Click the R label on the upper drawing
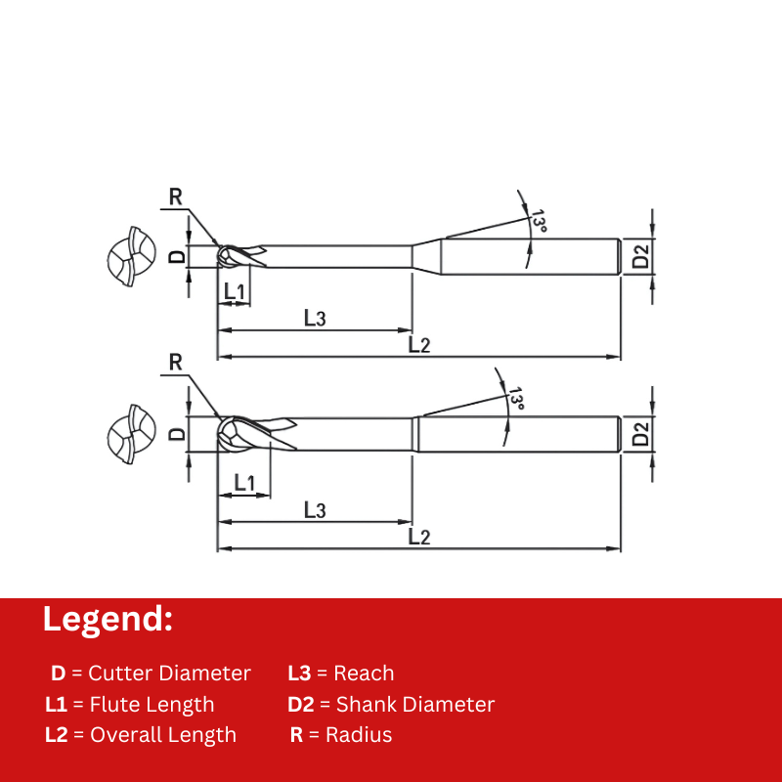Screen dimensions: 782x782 click(x=176, y=197)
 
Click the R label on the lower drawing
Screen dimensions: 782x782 click(x=176, y=362)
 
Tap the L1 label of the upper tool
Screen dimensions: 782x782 click(x=235, y=291)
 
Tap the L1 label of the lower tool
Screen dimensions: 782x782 click(x=244, y=483)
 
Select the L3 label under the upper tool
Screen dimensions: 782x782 click(x=315, y=318)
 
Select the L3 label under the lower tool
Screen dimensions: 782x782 click(x=315, y=509)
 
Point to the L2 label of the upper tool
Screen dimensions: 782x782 click(x=419, y=345)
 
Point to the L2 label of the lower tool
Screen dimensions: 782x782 click(x=419, y=537)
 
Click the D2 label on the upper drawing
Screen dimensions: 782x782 click(x=641, y=256)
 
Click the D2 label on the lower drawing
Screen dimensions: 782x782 click(x=641, y=433)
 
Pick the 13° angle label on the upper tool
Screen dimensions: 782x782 click(x=539, y=221)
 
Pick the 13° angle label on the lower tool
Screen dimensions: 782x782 click(x=516, y=398)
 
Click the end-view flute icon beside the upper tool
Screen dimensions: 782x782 click(x=132, y=257)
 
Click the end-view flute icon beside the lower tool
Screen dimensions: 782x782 click(x=132, y=434)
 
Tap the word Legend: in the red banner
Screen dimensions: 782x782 click(x=108, y=620)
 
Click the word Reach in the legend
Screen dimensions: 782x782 click(x=364, y=673)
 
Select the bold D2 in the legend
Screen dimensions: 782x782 click(x=301, y=704)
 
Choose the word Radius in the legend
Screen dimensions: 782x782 click(x=359, y=735)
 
